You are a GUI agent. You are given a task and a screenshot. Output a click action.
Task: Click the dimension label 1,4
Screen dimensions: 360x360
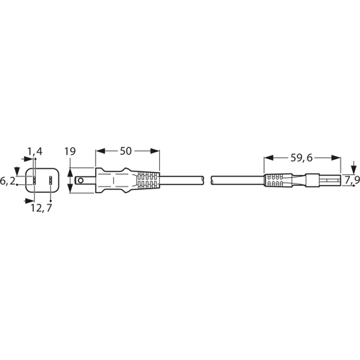35,151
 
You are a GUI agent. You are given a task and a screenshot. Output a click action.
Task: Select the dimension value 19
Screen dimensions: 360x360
70,151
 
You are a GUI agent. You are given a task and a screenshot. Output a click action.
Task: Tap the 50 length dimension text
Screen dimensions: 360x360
126,151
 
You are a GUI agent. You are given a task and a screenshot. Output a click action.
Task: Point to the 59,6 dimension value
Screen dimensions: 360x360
302,158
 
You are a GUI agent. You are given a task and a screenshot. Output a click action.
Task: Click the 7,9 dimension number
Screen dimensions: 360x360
352,181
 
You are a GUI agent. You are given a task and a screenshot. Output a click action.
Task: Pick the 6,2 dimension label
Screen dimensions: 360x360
7,181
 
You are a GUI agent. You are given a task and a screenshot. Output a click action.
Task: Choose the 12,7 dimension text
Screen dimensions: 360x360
41,208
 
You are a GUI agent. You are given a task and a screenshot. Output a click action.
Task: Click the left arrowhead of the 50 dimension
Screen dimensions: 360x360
100,151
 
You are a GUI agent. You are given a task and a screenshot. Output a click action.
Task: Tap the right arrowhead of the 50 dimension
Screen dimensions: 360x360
155,151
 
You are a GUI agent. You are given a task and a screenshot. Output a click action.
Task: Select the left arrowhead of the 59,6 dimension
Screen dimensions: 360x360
269,158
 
